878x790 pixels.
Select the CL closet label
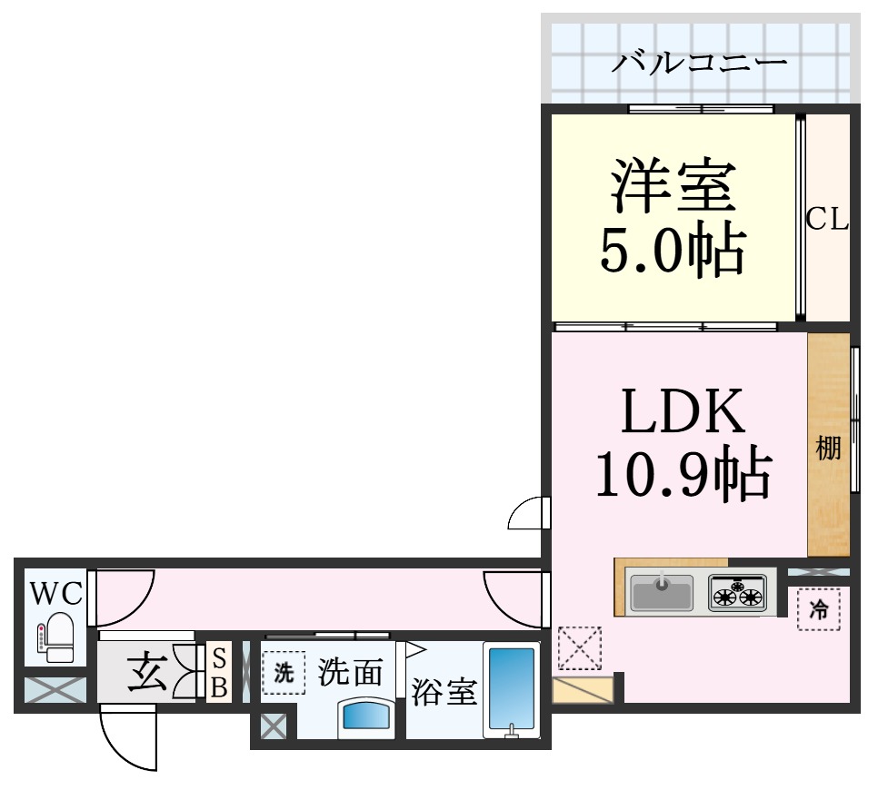pyautogui.click(x=828, y=220)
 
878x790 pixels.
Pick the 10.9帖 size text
pyautogui.click(x=683, y=473)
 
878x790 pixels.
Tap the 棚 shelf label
pyautogui.click(x=828, y=449)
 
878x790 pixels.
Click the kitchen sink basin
pyautogui.click(x=662, y=594)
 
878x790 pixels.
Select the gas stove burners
pyautogui.click(x=737, y=594)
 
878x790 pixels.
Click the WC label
pyautogui.click(x=56, y=594)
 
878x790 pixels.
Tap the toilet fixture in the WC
pyautogui.click(x=57, y=636)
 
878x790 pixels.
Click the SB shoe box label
pyautogui.click(x=219, y=673)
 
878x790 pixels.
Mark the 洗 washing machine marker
pyautogui.click(x=284, y=673)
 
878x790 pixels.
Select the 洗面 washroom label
pyautogui.click(x=351, y=673)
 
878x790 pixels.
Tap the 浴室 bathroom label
pyautogui.click(x=444, y=692)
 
